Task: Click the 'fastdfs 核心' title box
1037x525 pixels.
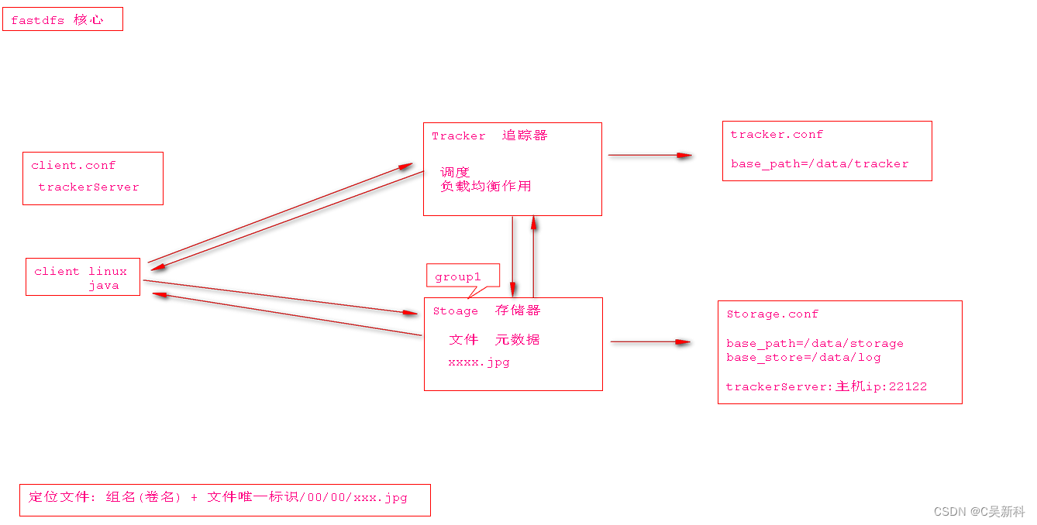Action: point(62,19)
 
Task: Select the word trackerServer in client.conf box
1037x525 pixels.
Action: point(88,187)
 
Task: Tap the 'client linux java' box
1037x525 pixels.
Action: point(83,277)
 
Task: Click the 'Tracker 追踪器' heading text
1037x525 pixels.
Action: point(489,136)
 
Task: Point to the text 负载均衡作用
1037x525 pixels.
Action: point(486,187)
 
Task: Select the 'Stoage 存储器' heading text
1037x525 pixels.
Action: point(486,311)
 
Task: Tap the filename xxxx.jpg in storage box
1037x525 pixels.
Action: point(478,362)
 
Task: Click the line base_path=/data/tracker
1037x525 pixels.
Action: point(819,163)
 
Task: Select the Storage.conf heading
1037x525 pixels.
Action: point(772,314)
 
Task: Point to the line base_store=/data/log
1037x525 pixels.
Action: point(803,357)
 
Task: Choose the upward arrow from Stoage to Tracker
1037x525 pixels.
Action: point(534,256)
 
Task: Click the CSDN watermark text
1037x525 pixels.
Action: point(979,511)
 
